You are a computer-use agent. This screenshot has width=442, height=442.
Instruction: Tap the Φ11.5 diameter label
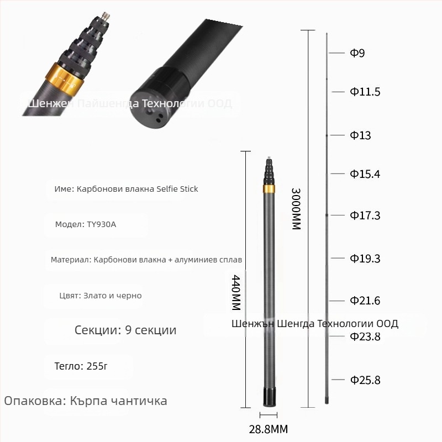pyautogui.click(x=365, y=92)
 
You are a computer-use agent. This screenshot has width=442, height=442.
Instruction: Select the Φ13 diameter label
pyautogui.click(x=360, y=135)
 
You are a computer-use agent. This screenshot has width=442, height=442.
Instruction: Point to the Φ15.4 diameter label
pyautogui.click(x=365, y=175)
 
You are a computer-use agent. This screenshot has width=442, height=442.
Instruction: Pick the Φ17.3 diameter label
pyautogui.click(x=365, y=215)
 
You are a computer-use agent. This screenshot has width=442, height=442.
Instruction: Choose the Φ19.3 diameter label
pyautogui.click(x=365, y=259)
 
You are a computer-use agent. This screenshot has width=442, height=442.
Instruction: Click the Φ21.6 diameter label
pyautogui.click(x=365, y=301)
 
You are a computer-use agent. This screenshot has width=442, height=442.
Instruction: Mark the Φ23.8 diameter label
pyautogui.click(x=365, y=336)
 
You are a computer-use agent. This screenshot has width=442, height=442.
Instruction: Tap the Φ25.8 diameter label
pyautogui.click(x=365, y=380)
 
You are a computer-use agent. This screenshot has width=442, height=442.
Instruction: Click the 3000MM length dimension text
pyautogui.click(x=296, y=208)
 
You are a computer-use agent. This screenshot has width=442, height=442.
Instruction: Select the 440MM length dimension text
pyautogui.click(x=236, y=292)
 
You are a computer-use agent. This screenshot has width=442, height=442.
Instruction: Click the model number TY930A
pyautogui.click(x=101, y=224)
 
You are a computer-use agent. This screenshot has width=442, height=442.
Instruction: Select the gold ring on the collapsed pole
pyautogui.click(x=269, y=189)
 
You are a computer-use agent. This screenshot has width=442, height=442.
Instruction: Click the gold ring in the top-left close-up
pyautogui.click(x=65, y=77)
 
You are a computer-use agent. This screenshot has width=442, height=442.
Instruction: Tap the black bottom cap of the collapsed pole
pyautogui.click(x=269, y=397)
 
